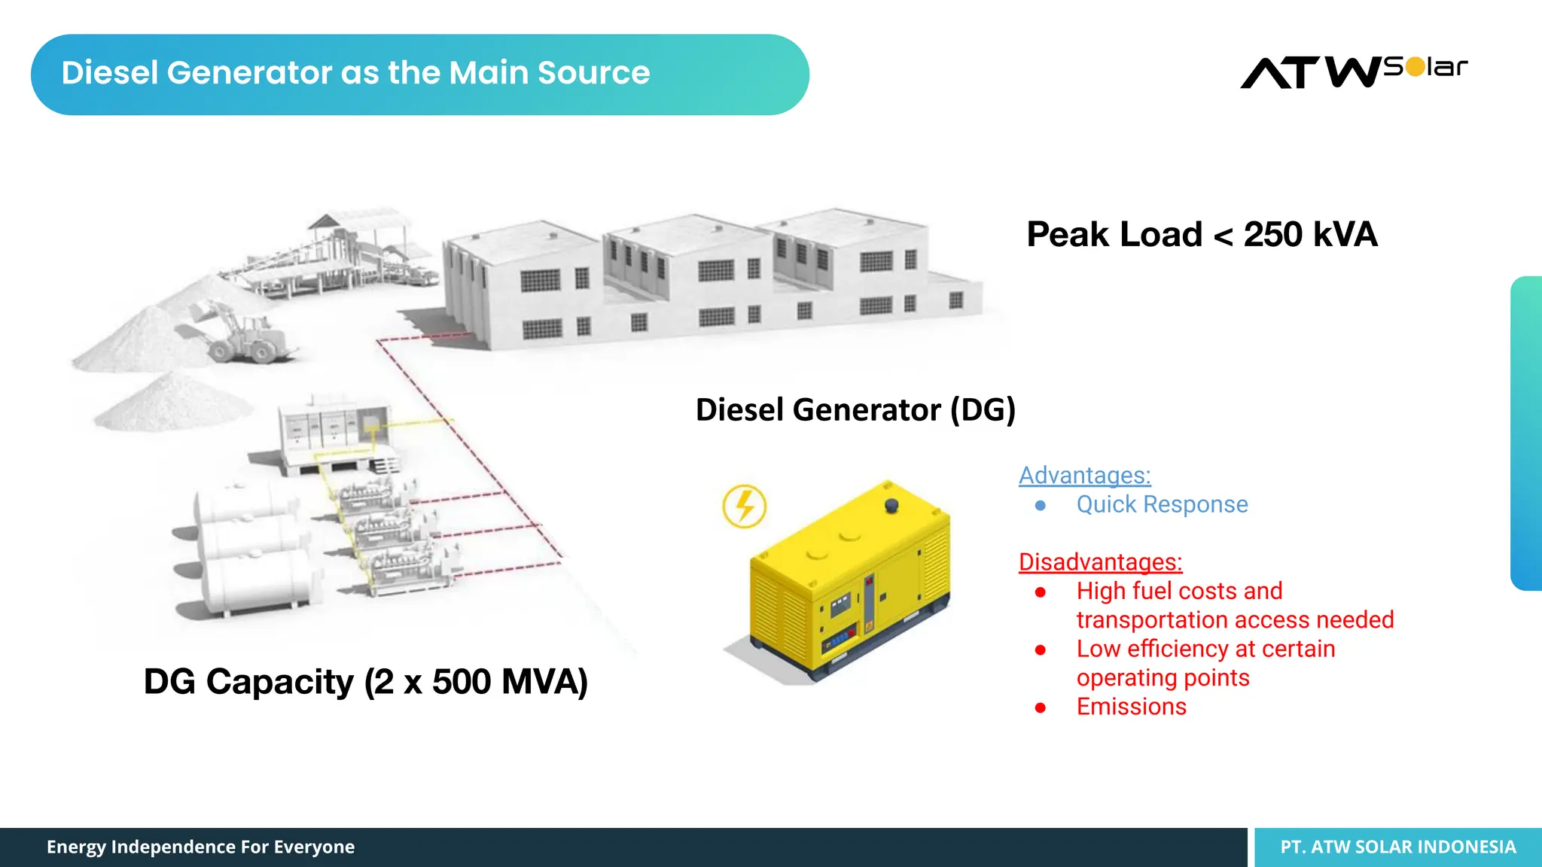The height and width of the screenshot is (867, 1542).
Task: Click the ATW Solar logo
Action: tap(1354, 72)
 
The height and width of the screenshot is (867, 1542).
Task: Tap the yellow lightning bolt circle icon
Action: tap(744, 506)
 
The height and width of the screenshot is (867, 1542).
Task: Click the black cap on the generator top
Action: tap(891, 505)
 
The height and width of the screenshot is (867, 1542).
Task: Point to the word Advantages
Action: tap(1084, 476)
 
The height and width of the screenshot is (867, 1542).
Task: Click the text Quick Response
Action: tap(1162, 504)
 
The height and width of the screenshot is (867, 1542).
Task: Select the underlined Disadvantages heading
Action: tap(1100, 562)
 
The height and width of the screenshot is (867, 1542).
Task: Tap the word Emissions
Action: tap(1131, 707)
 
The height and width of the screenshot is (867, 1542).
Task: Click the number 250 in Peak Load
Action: tap(1272, 234)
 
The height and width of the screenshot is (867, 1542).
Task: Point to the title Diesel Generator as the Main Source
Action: tap(355, 73)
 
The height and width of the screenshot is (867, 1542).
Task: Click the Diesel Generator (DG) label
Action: tap(855, 410)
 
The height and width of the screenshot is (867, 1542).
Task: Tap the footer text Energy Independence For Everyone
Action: tap(200, 847)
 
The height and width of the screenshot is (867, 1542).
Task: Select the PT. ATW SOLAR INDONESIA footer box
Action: tap(1398, 847)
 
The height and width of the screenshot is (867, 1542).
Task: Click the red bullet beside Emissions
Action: tap(1041, 707)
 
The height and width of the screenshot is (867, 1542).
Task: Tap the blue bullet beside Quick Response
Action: tap(1041, 506)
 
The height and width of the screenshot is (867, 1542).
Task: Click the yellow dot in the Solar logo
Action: tap(1416, 67)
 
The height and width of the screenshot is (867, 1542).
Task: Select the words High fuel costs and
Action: tap(1179, 591)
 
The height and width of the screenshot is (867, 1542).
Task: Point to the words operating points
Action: tap(1163, 678)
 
